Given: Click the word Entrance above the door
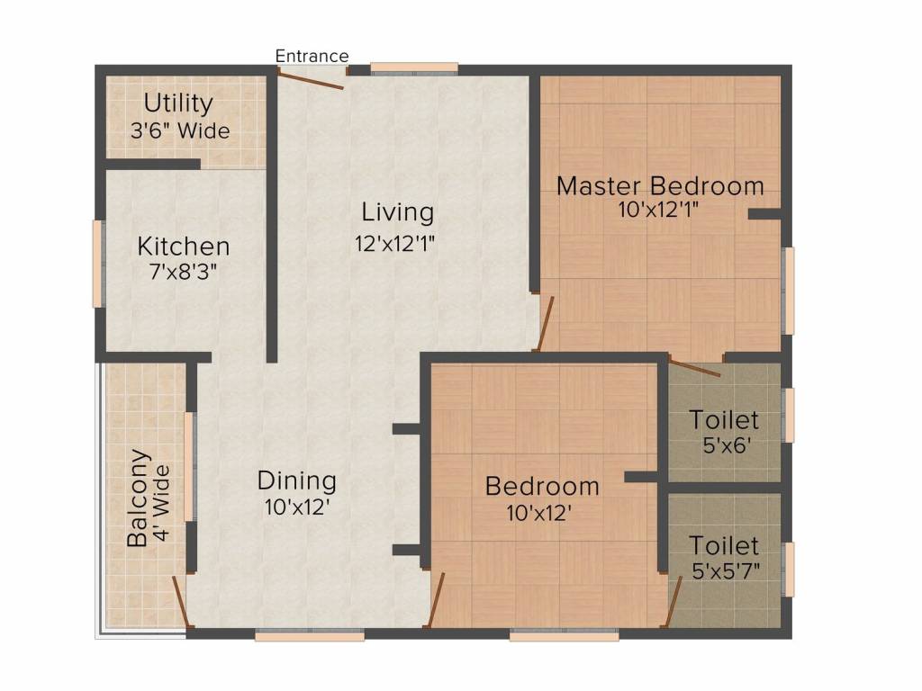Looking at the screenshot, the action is tap(312, 56).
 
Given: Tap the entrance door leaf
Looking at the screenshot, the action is tap(311, 80).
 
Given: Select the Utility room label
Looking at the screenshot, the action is tap(178, 104).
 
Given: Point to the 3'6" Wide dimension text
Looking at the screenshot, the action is tap(180, 130).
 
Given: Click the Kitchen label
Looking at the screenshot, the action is tap(184, 247).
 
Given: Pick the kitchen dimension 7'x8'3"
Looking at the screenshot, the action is tap(184, 272).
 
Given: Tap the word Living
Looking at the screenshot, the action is tap(397, 212).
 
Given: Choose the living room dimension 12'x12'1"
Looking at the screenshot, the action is tap(394, 243).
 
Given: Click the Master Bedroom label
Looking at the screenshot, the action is tap(660, 186).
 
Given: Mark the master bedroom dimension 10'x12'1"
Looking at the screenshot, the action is tap(658, 210).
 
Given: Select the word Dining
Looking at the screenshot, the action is tap(297, 481).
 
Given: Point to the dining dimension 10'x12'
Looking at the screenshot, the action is tap(296, 507).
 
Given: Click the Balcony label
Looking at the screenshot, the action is tap(139, 498).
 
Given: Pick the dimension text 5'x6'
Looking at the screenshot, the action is tap(727, 445).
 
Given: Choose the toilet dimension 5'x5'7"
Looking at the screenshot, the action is tap(727, 570).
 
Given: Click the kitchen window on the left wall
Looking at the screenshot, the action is tap(97, 264).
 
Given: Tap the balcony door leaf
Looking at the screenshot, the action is tap(180, 602).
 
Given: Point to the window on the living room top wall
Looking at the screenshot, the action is tap(414, 68).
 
